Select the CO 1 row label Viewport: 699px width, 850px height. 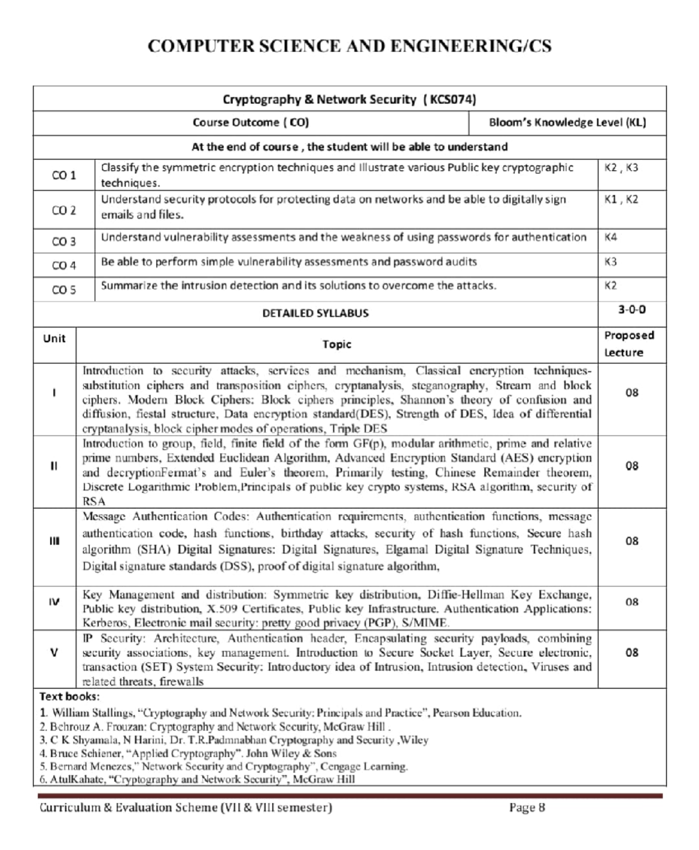click(x=63, y=175)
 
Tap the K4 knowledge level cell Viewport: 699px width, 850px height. click(x=610, y=237)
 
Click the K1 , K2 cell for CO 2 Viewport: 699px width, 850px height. click(x=621, y=199)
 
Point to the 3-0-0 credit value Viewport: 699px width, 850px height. click(x=631, y=310)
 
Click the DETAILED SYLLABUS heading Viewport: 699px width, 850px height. click(x=315, y=313)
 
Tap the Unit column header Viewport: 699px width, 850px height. click(x=54, y=339)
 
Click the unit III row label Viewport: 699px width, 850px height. click(x=54, y=541)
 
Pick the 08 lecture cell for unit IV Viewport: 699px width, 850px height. click(x=631, y=602)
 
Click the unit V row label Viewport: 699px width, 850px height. click(x=54, y=653)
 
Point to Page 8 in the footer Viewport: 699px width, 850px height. click(x=527, y=807)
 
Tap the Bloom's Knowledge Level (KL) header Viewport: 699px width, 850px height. click(x=567, y=122)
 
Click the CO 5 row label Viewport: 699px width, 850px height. click(x=63, y=289)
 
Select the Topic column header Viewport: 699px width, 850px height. click(x=337, y=345)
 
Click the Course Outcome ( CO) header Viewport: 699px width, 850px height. click(x=250, y=122)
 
